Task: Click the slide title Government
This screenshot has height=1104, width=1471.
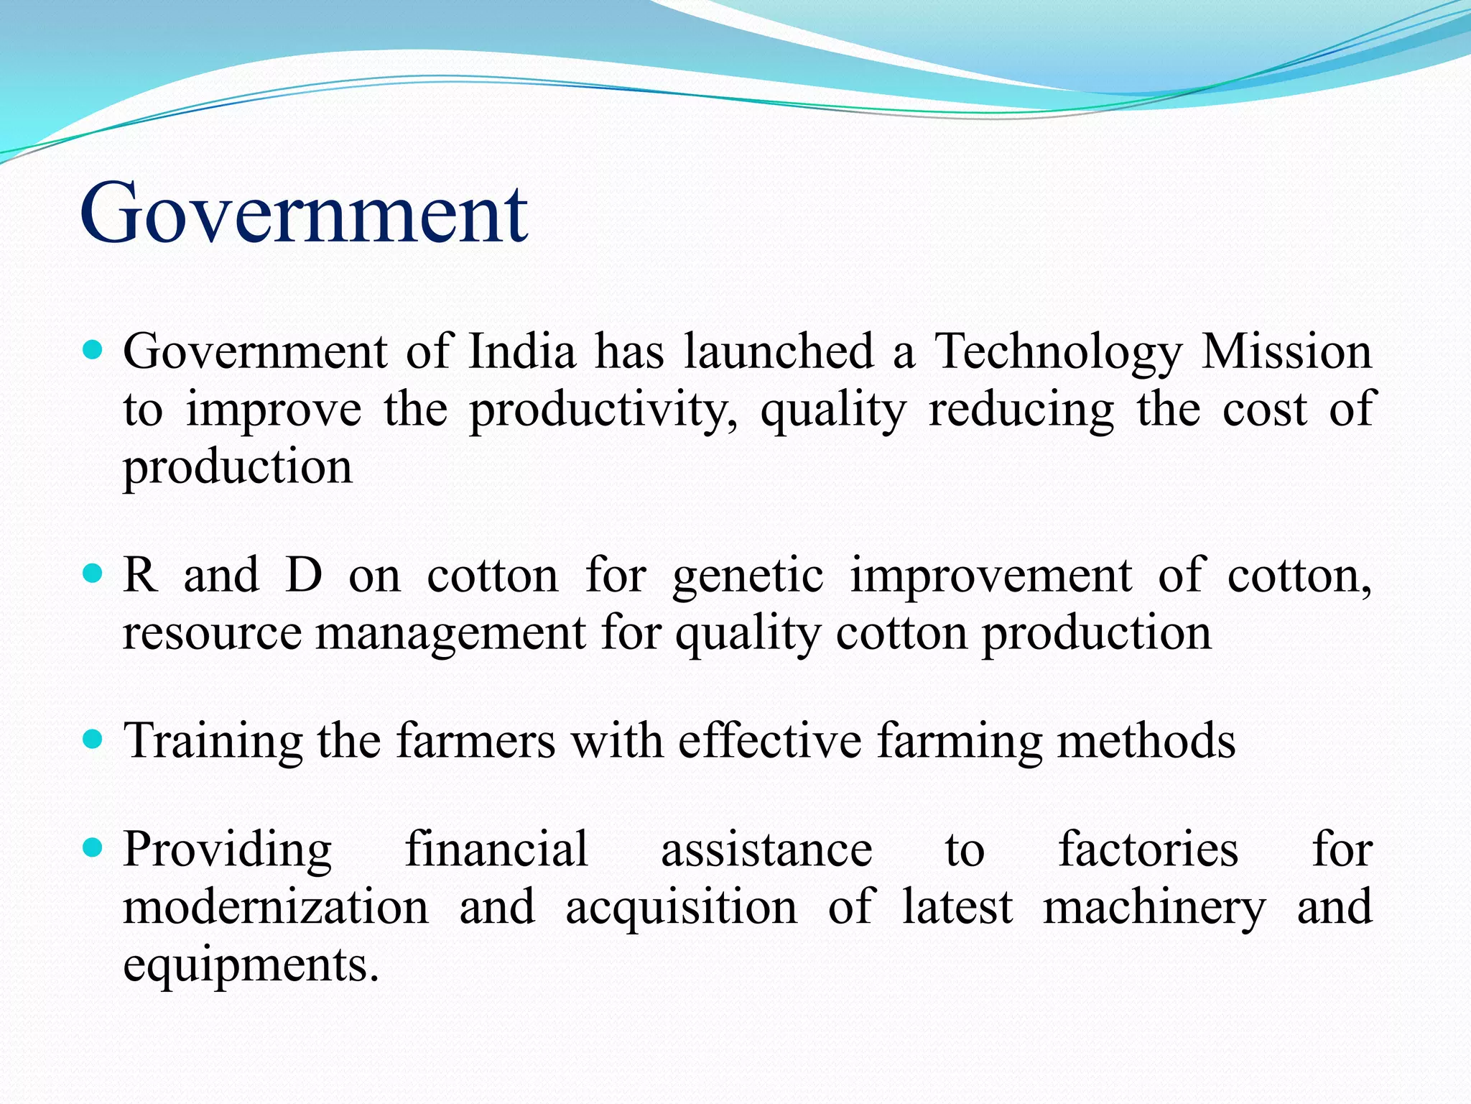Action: pyautogui.click(x=305, y=213)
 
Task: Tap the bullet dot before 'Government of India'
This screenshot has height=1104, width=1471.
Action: pyautogui.click(x=93, y=351)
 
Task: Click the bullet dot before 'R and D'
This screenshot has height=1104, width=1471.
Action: pyautogui.click(x=93, y=574)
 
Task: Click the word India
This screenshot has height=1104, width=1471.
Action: pyautogui.click(x=521, y=351)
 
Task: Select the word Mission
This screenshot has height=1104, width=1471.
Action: pyautogui.click(x=1286, y=351)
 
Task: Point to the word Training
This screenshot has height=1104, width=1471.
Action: pyautogui.click(x=213, y=742)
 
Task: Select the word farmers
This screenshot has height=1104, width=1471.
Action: pyautogui.click(x=475, y=740)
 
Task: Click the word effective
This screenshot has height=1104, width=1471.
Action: pyautogui.click(x=769, y=740)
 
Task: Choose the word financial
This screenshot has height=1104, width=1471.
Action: pyautogui.click(x=496, y=849)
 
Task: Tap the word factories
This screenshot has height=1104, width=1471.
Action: pyautogui.click(x=1148, y=849)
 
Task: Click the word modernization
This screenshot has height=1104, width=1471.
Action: pyautogui.click(x=276, y=906)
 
